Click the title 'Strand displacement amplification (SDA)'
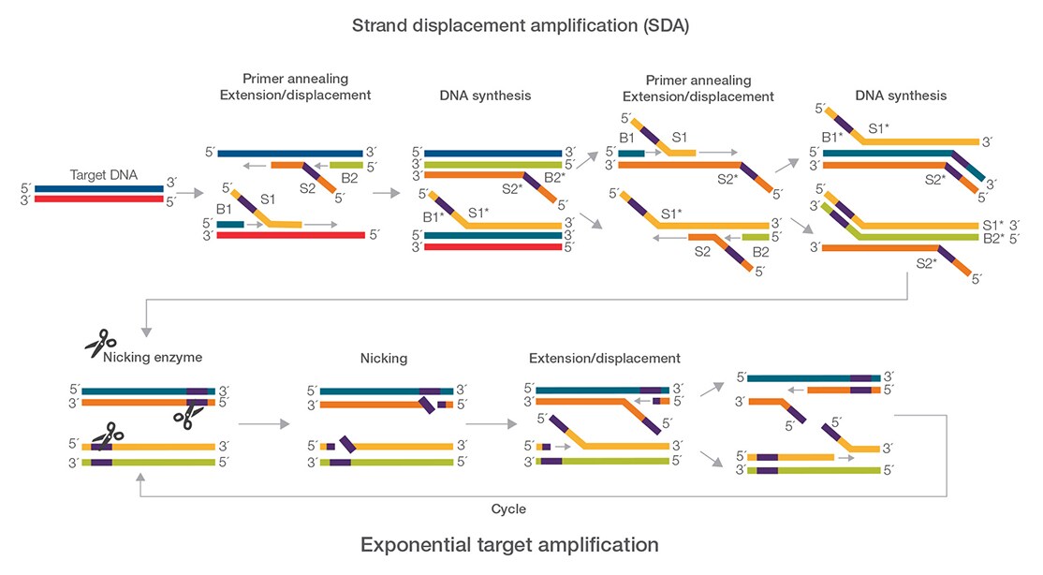521,25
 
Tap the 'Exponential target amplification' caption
509,544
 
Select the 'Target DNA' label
100,175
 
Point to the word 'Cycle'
508,509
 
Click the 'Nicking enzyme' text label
152,358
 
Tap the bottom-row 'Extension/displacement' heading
604,358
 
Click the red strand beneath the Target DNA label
100,199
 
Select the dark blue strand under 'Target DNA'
100,188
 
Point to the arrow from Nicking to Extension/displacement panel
491,424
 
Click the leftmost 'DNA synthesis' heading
485,96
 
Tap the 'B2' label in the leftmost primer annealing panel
349,177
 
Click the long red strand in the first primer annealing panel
290,235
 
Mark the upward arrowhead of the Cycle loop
140,478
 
